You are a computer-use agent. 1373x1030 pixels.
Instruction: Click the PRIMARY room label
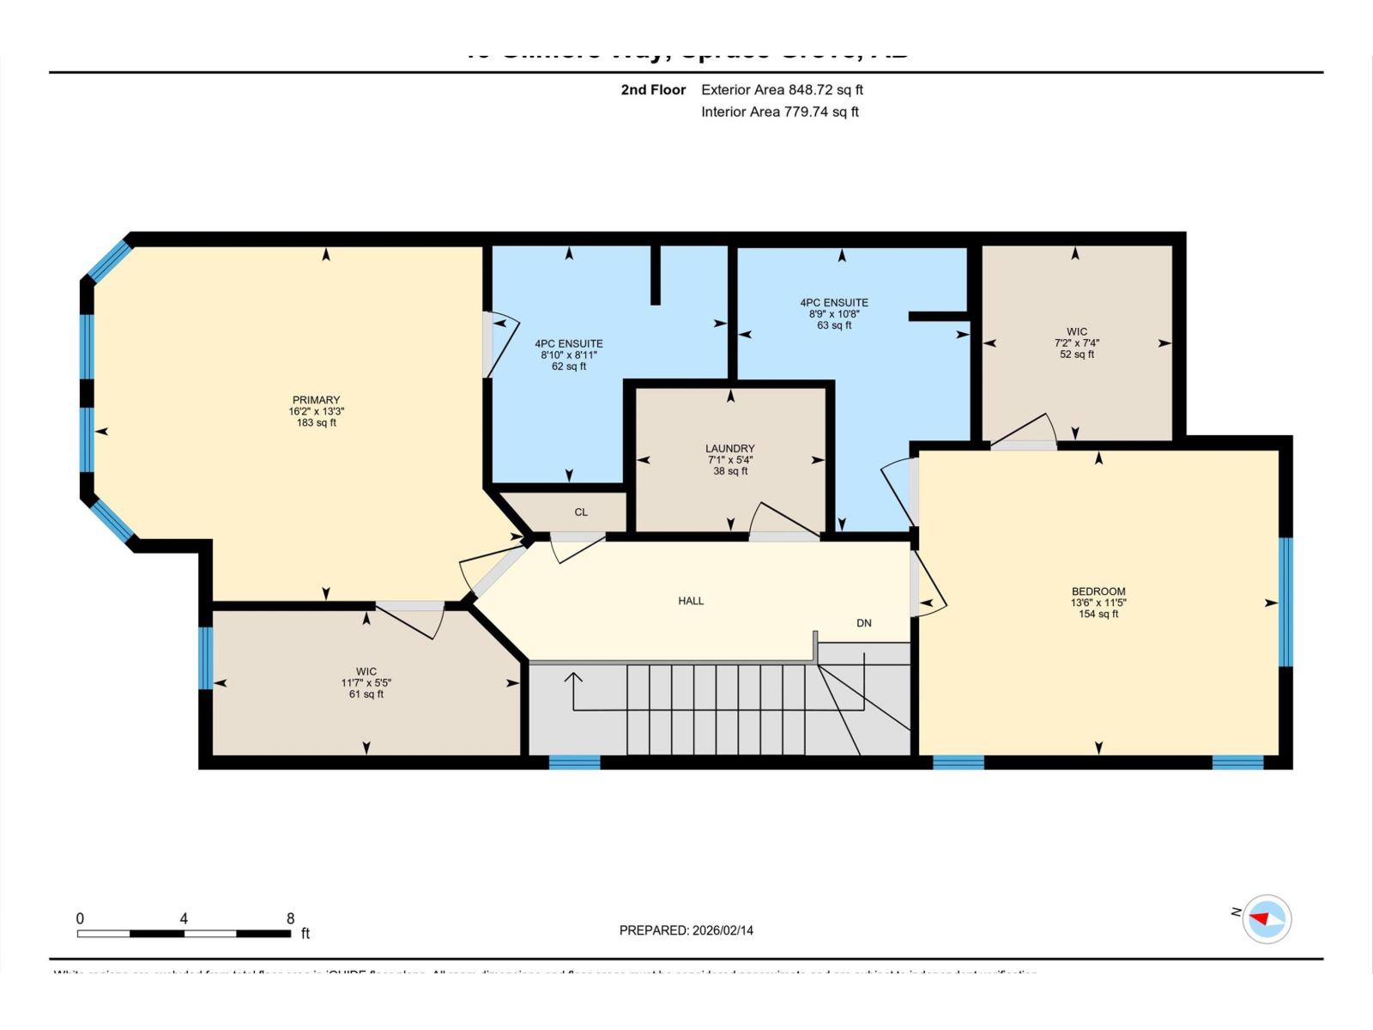[x=316, y=400]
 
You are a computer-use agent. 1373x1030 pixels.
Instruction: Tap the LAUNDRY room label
[x=730, y=448]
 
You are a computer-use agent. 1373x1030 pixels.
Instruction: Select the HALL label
[x=691, y=601]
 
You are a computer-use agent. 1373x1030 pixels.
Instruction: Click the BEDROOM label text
[x=1098, y=591]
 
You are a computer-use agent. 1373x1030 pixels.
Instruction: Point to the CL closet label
[x=581, y=512]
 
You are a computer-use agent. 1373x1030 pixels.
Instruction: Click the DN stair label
[x=864, y=623]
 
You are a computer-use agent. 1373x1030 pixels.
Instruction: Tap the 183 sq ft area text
[x=316, y=423]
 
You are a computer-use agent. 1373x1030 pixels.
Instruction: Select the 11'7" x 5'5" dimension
[x=366, y=683]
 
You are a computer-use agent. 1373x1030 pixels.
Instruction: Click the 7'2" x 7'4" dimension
[x=1077, y=342]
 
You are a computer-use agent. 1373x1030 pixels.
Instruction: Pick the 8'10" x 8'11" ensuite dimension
[x=569, y=354]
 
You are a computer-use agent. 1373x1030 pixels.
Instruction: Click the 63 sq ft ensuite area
[x=834, y=325]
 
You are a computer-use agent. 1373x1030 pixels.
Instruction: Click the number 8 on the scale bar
[x=290, y=918]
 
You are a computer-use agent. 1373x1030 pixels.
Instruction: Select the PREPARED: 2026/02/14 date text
[x=686, y=930]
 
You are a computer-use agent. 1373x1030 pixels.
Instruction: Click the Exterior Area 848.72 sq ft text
[x=782, y=89]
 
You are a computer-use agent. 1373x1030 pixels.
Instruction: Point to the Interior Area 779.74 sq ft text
[x=779, y=112]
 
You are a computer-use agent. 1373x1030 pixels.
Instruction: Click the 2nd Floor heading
[x=653, y=89]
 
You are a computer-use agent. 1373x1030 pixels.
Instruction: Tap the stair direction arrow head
[x=572, y=677]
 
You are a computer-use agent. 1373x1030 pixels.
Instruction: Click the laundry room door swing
[x=783, y=520]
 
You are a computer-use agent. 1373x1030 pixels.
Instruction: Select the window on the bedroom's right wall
[x=1285, y=602]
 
